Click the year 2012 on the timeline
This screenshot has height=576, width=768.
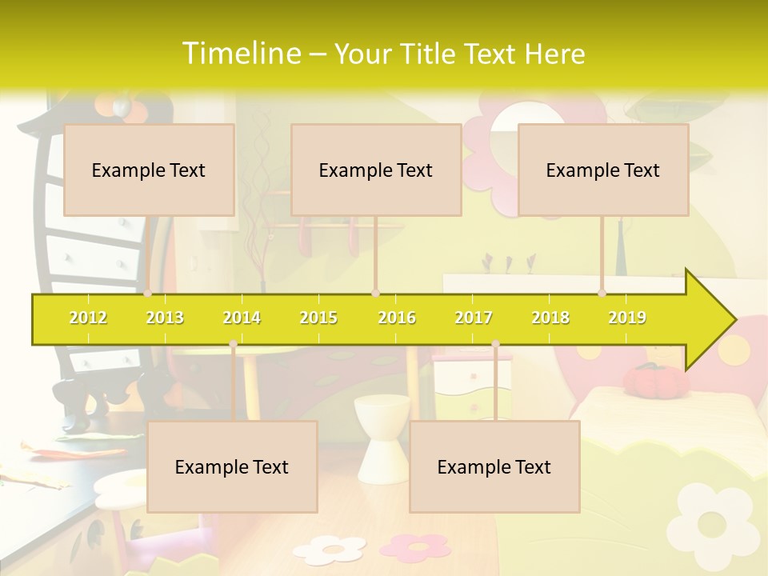88,318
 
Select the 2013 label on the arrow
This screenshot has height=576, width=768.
165,318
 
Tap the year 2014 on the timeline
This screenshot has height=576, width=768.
242,318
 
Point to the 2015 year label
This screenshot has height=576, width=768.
318,318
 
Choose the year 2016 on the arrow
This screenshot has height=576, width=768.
397,318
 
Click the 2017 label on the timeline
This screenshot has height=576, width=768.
474,318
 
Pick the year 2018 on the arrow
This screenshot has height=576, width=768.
550,318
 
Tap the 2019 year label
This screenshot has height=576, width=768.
627,318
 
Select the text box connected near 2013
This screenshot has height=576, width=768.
149,170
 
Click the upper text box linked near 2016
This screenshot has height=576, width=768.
376,170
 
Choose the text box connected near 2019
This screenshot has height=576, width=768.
603,170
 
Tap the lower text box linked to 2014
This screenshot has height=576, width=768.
232,466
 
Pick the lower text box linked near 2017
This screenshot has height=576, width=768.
494,466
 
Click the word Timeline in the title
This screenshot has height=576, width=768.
241,53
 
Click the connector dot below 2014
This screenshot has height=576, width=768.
233,344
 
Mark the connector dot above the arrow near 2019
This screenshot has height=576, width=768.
602,294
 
